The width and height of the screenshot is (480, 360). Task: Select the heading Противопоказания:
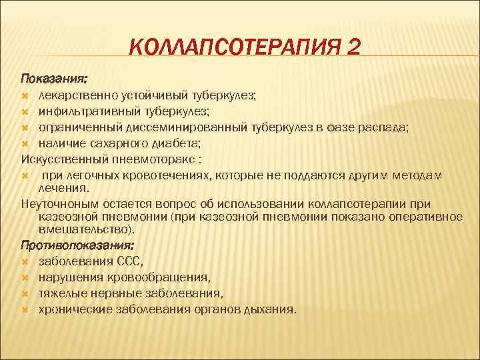tap(67, 245)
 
